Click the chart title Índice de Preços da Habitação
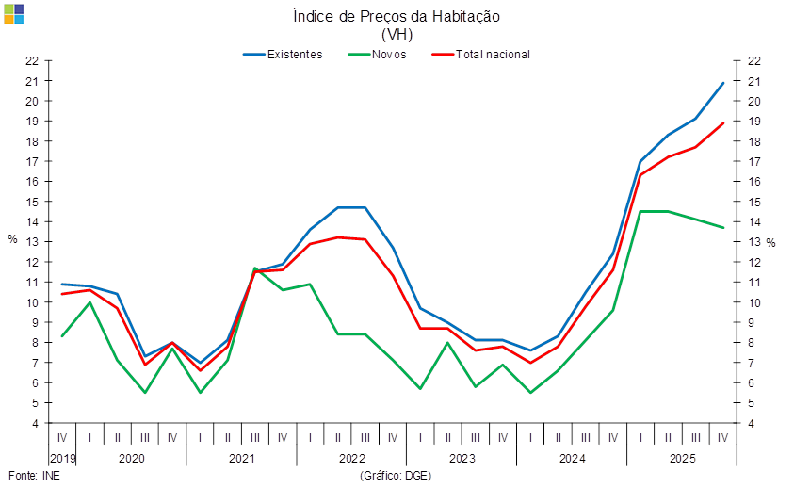(396, 16)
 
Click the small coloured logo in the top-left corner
(13, 13)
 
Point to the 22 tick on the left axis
(32, 61)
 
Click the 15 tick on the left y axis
(32, 202)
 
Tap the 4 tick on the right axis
(753, 423)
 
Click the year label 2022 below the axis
(351, 458)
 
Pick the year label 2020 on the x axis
(131, 458)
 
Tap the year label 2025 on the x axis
(682, 458)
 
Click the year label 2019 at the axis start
(62, 458)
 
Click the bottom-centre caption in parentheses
(396, 476)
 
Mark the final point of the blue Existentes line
(723, 83)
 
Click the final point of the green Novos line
(723, 227)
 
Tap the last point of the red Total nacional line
(723, 122)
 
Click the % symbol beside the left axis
(12, 239)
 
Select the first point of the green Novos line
(62, 336)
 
